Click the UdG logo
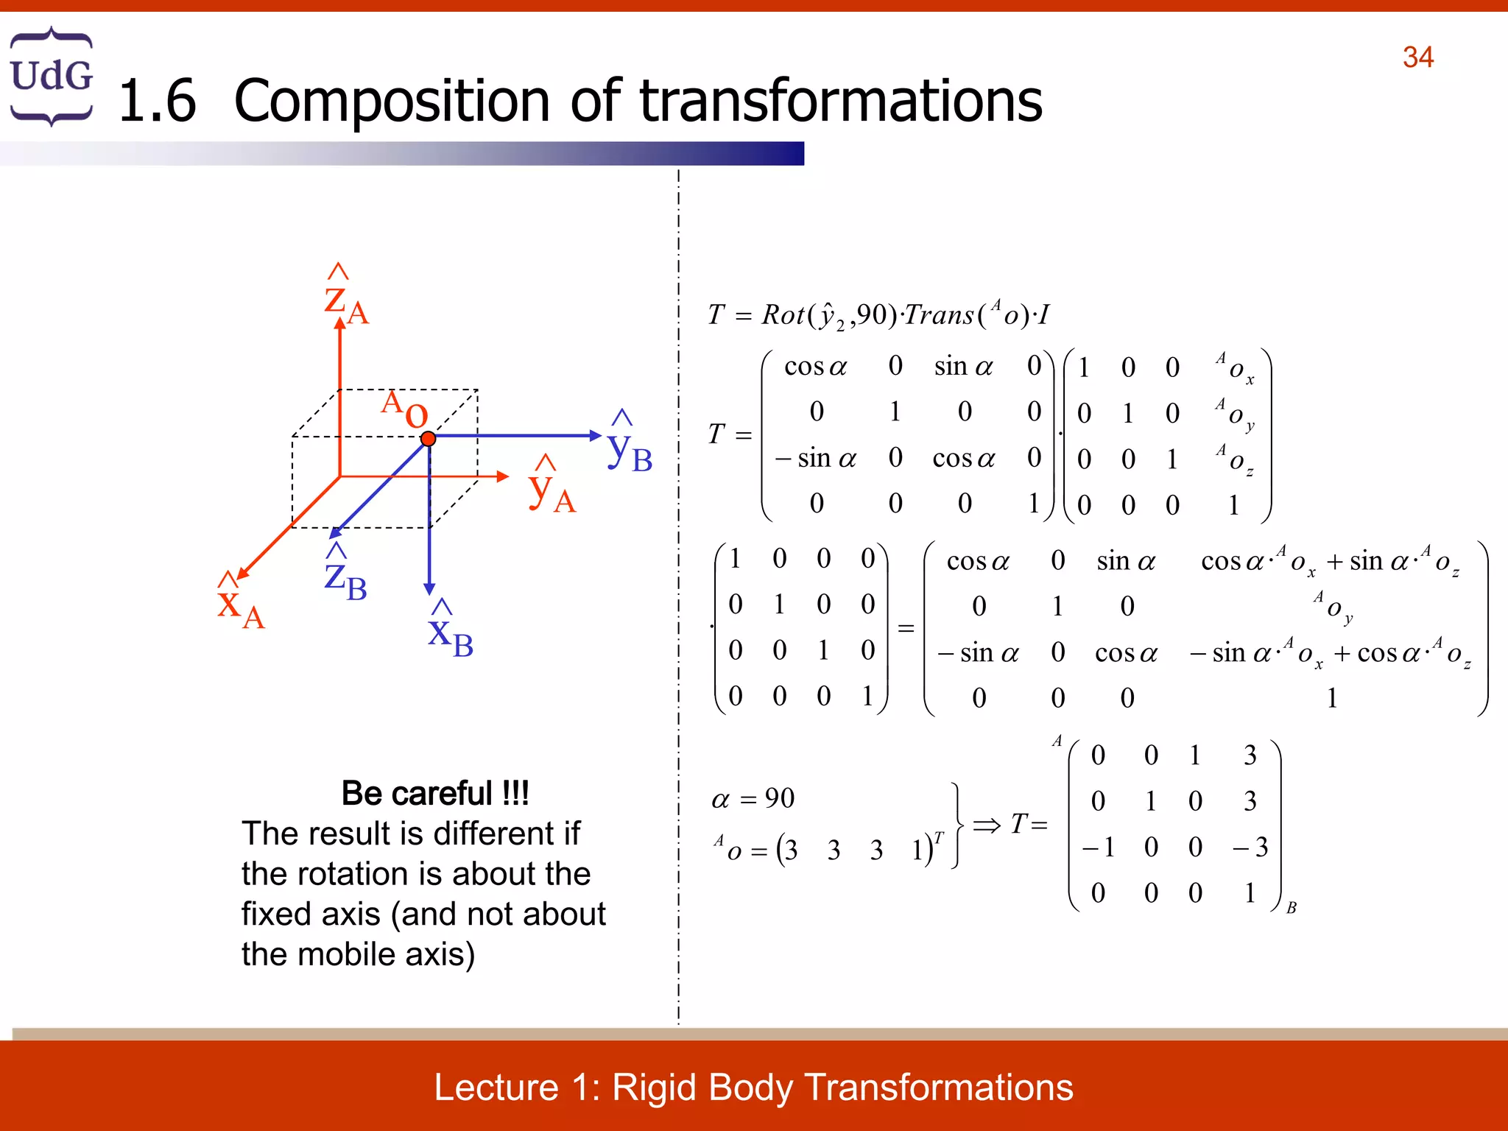click(x=52, y=76)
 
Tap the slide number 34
click(x=1417, y=57)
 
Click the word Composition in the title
click(x=392, y=101)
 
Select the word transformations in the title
click(x=841, y=101)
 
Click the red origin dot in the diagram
click(x=428, y=439)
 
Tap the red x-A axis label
click(x=240, y=605)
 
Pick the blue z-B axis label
click(x=345, y=579)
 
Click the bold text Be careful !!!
click(x=435, y=793)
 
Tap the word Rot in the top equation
click(x=783, y=315)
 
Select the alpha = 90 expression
click(x=753, y=798)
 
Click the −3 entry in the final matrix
click(x=1250, y=847)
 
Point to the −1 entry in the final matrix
click(x=1098, y=847)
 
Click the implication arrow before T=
click(x=987, y=825)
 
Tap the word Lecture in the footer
click(x=496, y=1088)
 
